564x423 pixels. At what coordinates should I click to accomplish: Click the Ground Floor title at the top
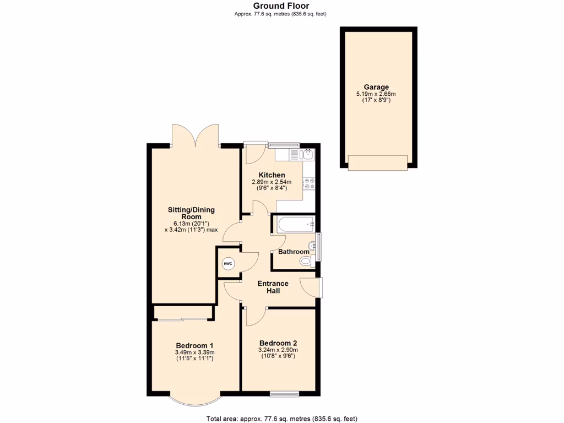pyautogui.click(x=281, y=6)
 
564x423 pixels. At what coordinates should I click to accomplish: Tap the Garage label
pyautogui.click(x=376, y=87)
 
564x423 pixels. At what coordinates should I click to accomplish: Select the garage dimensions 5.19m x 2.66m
pyautogui.click(x=376, y=94)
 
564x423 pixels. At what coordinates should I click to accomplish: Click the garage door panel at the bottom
pyautogui.click(x=377, y=162)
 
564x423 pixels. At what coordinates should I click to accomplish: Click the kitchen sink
pyautogui.click(x=308, y=154)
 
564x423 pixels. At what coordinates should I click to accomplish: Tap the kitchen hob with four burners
pyautogui.click(x=308, y=183)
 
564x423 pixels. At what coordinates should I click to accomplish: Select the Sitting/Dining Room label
pyautogui.click(x=191, y=213)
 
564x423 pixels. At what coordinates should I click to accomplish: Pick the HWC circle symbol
pyautogui.click(x=228, y=264)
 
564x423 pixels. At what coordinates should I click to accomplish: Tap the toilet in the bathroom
pyautogui.click(x=307, y=262)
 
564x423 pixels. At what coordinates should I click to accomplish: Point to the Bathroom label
pyautogui.click(x=294, y=252)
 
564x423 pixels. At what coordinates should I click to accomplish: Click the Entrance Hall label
pyautogui.click(x=273, y=287)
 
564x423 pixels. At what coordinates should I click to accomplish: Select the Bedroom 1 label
pyautogui.click(x=194, y=345)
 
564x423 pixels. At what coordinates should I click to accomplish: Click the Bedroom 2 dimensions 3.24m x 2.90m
pyautogui.click(x=278, y=349)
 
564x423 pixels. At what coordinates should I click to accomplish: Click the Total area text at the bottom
pyautogui.click(x=281, y=419)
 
